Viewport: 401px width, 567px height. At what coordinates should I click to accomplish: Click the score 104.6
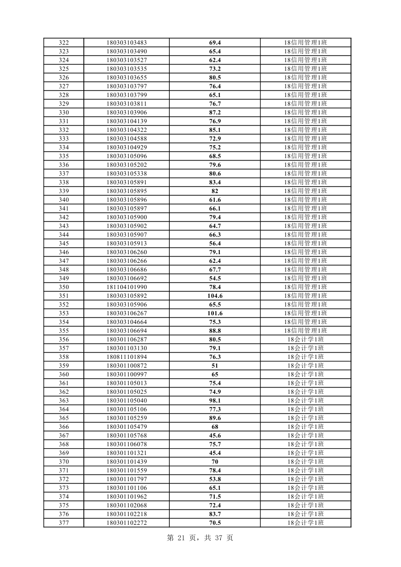[215, 296]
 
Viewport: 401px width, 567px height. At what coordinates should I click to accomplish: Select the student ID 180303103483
[127, 43]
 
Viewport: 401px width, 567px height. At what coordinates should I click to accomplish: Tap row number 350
[64, 287]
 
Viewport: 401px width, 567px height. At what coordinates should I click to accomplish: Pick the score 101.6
[215, 313]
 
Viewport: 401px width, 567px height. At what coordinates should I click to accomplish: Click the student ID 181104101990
[127, 287]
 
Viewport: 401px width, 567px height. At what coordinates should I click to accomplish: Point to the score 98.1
[215, 401]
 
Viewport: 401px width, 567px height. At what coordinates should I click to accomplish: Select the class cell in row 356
[305, 340]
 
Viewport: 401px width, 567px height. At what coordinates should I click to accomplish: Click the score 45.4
[215, 453]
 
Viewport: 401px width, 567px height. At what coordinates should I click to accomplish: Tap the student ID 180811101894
[127, 357]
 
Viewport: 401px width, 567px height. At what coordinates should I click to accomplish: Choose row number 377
[64, 523]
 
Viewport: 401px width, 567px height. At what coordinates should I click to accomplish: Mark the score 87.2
[215, 113]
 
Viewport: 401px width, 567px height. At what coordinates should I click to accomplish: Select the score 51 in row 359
[215, 366]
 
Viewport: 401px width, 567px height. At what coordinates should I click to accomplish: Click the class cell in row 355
[305, 331]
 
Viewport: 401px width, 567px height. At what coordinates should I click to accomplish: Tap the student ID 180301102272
[127, 523]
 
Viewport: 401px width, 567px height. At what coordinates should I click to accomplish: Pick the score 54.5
[215, 278]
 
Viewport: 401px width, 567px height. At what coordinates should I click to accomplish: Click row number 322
[64, 43]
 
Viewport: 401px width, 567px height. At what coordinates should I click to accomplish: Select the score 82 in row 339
[215, 191]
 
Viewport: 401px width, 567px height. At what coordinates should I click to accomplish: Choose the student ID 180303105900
[127, 217]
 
